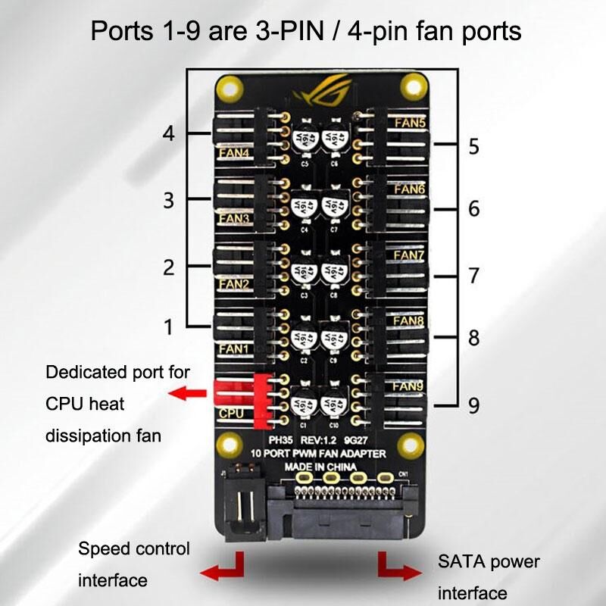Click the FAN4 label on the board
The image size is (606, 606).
[234, 153]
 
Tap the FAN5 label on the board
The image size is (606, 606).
[410, 121]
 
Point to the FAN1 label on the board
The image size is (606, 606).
[234, 349]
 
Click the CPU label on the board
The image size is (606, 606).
[231, 414]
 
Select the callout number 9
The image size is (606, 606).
[473, 406]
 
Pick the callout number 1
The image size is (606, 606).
[169, 327]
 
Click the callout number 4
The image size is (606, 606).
[169, 134]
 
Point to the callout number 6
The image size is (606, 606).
[473, 209]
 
